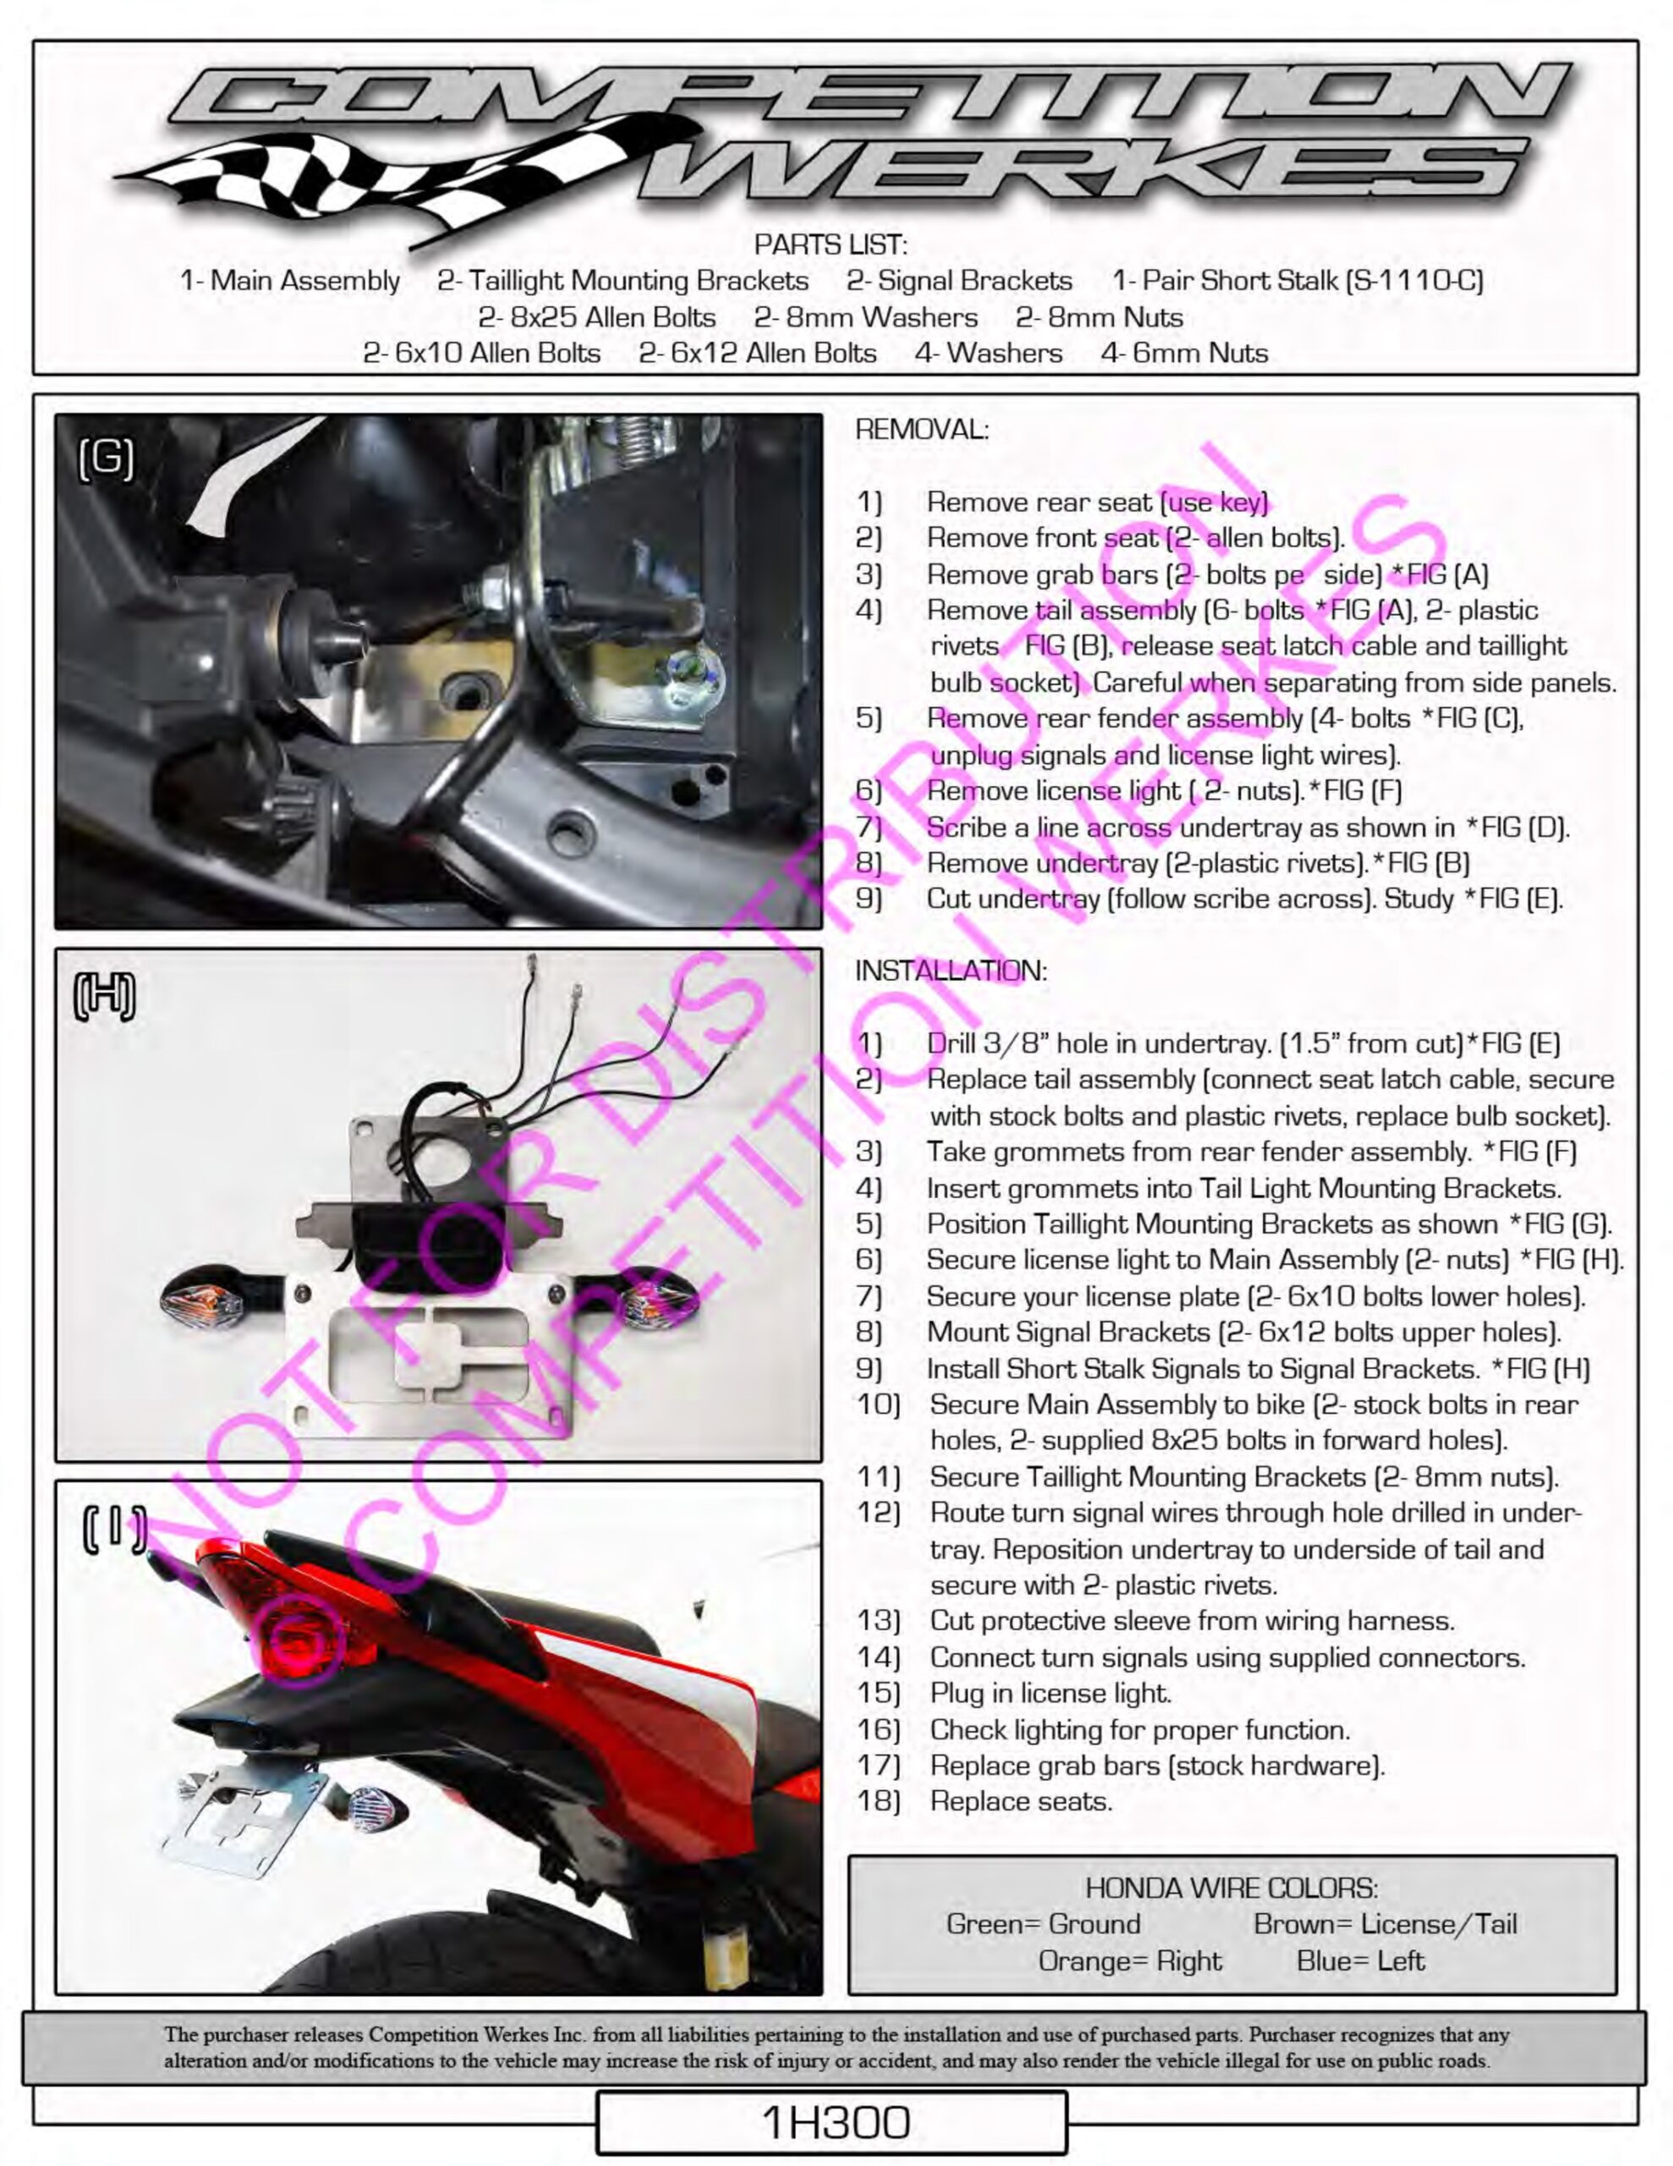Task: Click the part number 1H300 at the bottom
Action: click(x=834, y=2122)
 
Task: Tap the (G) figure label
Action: click(x=106, y=459)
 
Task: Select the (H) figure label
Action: click(x=105, y=996)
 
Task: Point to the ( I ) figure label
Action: click(x=114, y=1529)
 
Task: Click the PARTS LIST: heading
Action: click(x=830, y=244)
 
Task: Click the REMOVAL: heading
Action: click(x=921, y=430)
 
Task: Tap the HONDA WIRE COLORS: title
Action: click(x=1231, y=1888)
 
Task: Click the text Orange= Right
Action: click(x=1129, y=1960)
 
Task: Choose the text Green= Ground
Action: click(x=1043, y=1924)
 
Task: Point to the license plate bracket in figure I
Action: click(x=243, y=1825)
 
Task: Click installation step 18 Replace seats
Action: click(x=1019, y=1801)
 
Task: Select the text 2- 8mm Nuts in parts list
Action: click(x=1099, y=317)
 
